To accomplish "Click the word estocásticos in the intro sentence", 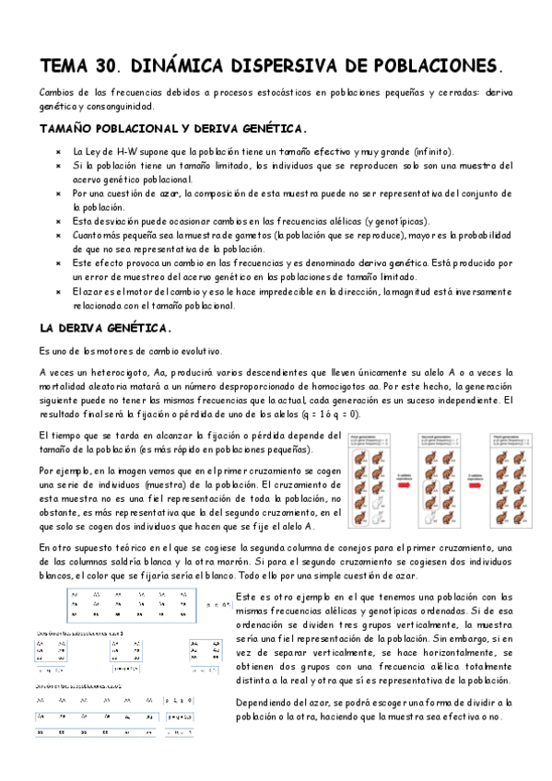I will click(276, 94).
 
